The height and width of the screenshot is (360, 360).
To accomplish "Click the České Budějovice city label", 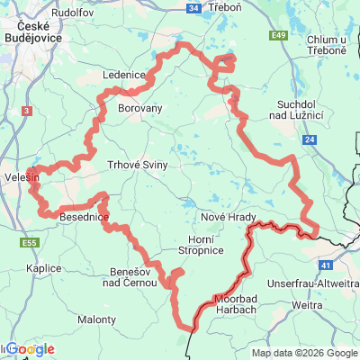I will (x=31, y=33).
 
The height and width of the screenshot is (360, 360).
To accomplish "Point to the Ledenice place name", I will (x=124, y=76).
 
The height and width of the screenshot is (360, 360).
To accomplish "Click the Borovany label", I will (x=140, y=106).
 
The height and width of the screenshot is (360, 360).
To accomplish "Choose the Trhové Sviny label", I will (x=138, y=165).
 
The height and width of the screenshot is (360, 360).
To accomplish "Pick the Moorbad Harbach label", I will (x=237, y=303).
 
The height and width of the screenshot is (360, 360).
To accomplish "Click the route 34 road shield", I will (x=193, y=8).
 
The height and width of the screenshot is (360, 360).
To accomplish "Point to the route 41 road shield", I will (x=326, y=266).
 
